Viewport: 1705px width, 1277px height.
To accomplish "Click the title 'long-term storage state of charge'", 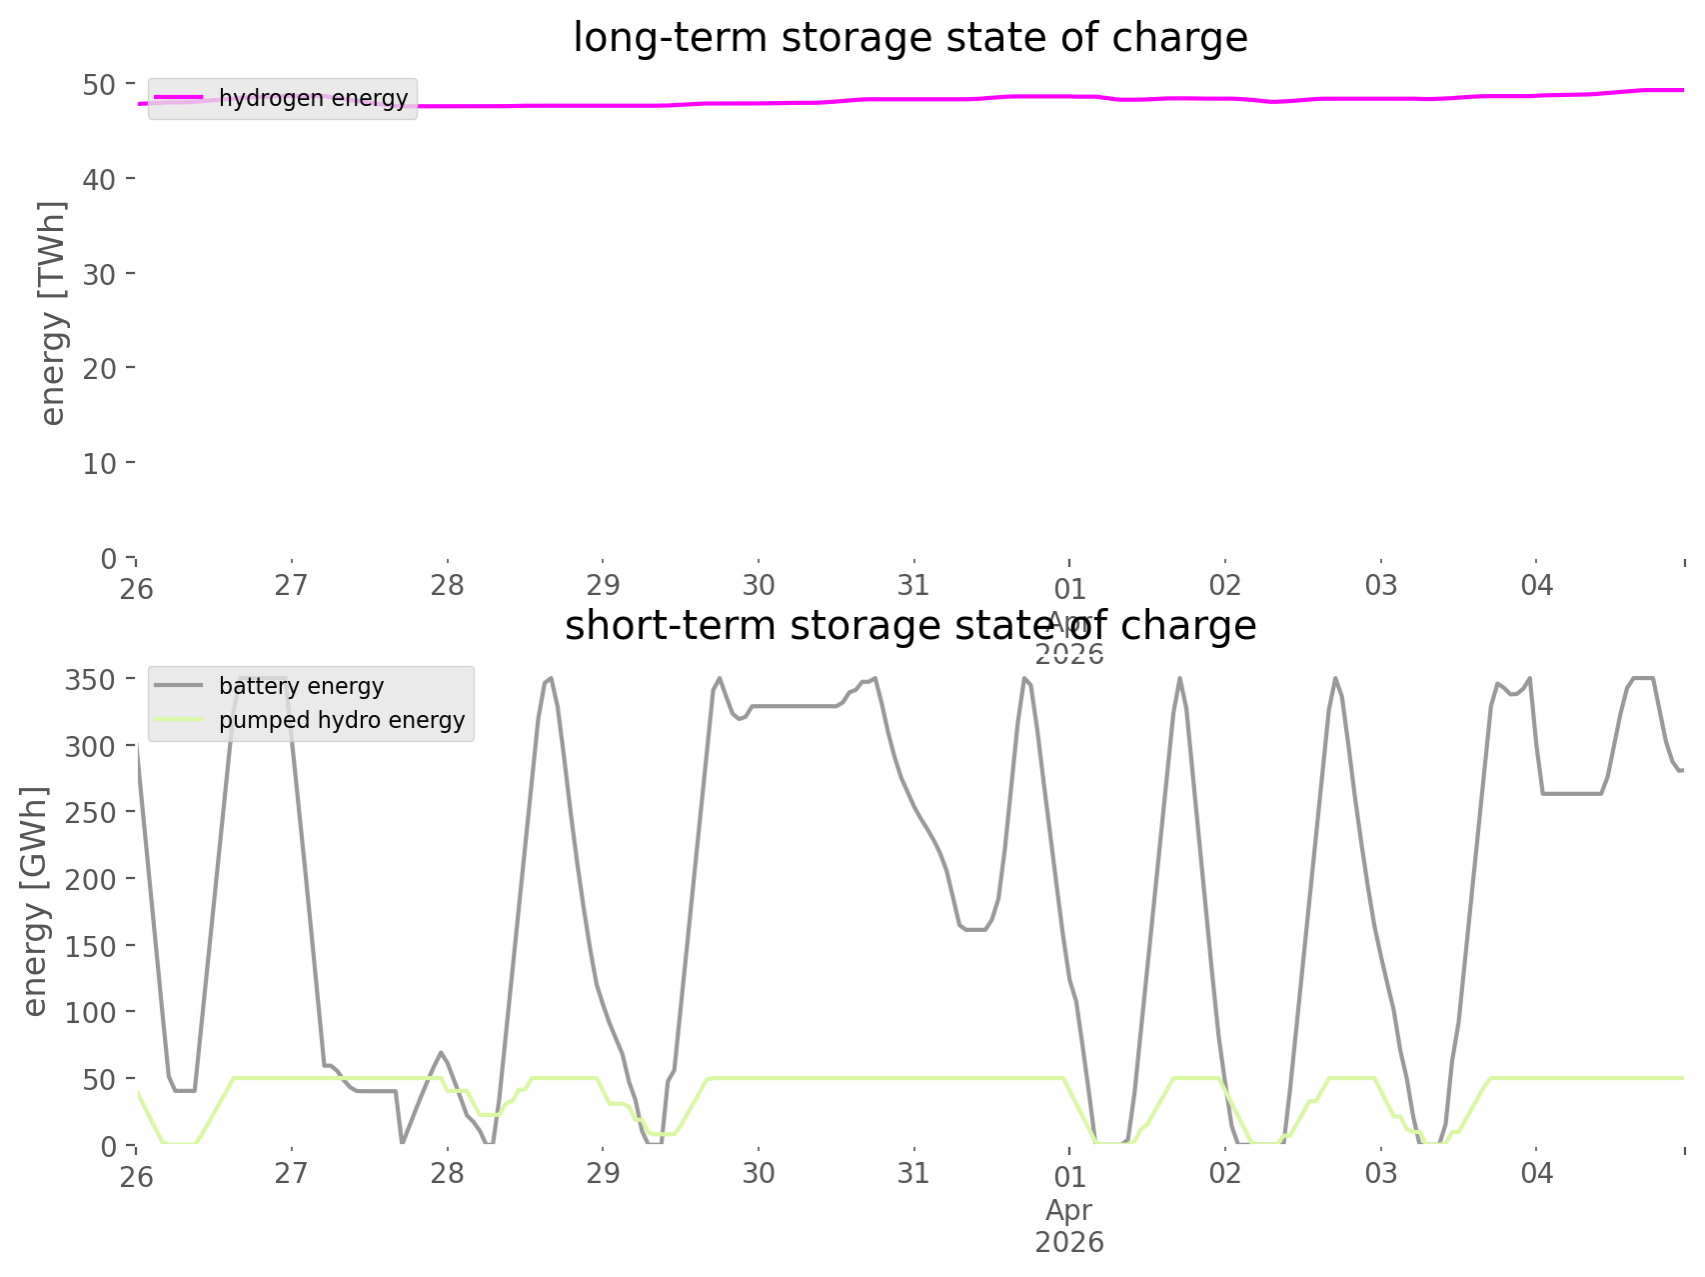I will coord(909,38).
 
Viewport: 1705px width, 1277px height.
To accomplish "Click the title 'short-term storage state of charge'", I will coord(909,626).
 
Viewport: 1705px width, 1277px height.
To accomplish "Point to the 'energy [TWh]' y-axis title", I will coord(52,313).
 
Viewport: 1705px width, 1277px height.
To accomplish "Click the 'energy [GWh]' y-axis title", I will coord(35,901).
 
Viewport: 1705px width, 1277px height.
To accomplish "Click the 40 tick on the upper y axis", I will coord(99,179).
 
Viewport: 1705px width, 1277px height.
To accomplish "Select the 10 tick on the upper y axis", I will coord(99,463).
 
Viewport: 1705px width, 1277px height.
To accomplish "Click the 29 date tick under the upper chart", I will coord(603,585).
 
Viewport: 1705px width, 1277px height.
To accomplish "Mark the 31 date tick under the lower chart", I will coord(913,1173).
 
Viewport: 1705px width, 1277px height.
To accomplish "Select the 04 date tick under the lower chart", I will coord(1536,1173).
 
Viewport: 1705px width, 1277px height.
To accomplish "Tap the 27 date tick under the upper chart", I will coord(291,585).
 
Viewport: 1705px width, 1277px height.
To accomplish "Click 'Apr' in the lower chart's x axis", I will coord(1068,1210).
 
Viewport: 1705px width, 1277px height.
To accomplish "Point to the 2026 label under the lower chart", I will coord(1068,1242).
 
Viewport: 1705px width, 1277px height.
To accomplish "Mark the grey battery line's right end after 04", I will coord(1681,770).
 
